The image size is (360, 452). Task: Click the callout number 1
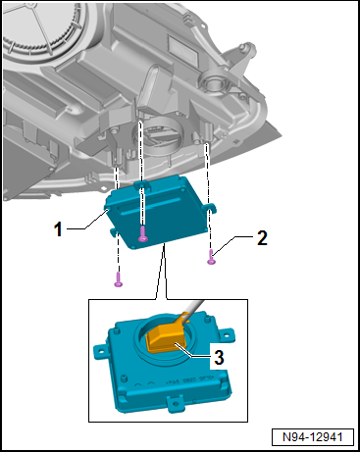click(x=58, y=228)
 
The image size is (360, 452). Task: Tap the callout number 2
click(x=262, y=238)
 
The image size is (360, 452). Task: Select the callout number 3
click(x=219, y=357)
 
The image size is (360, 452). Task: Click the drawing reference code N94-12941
click(x=313, y=437)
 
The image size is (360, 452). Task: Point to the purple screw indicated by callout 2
click(x=212, y=257)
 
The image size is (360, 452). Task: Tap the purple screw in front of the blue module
click(x=142, y=234)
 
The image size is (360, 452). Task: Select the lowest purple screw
click(x=119, y=280)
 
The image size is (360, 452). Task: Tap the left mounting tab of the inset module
click(x=100, y=352)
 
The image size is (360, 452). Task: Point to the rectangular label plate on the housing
click(x=183, y=50)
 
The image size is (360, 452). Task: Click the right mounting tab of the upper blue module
click(x=210, y=207)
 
